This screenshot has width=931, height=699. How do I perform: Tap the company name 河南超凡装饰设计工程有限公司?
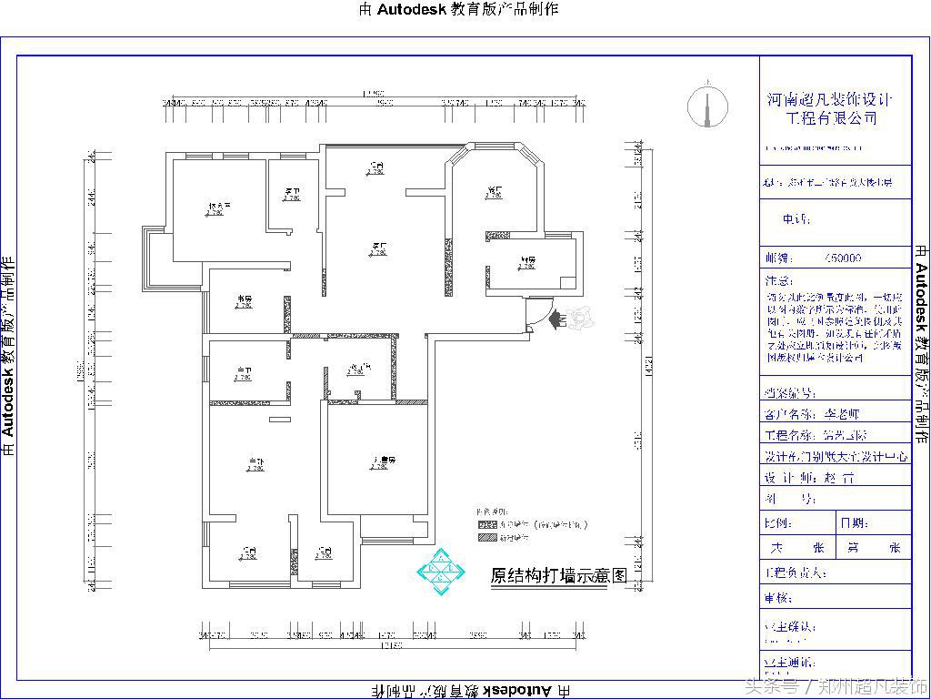pyautogui.click(x=830, y=109)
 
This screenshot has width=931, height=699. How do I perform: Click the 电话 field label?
pyautogui.click(x=796, y=219)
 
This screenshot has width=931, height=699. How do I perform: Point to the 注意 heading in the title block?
pyautogui.click(x=779, y=280)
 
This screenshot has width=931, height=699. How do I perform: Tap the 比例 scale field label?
pyautogui.click(x=779, y=523)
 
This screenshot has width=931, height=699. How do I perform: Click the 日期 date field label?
pyautogui.click(x=854, y=523)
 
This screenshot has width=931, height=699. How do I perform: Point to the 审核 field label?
pyautogui.click(x=779, y=598)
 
